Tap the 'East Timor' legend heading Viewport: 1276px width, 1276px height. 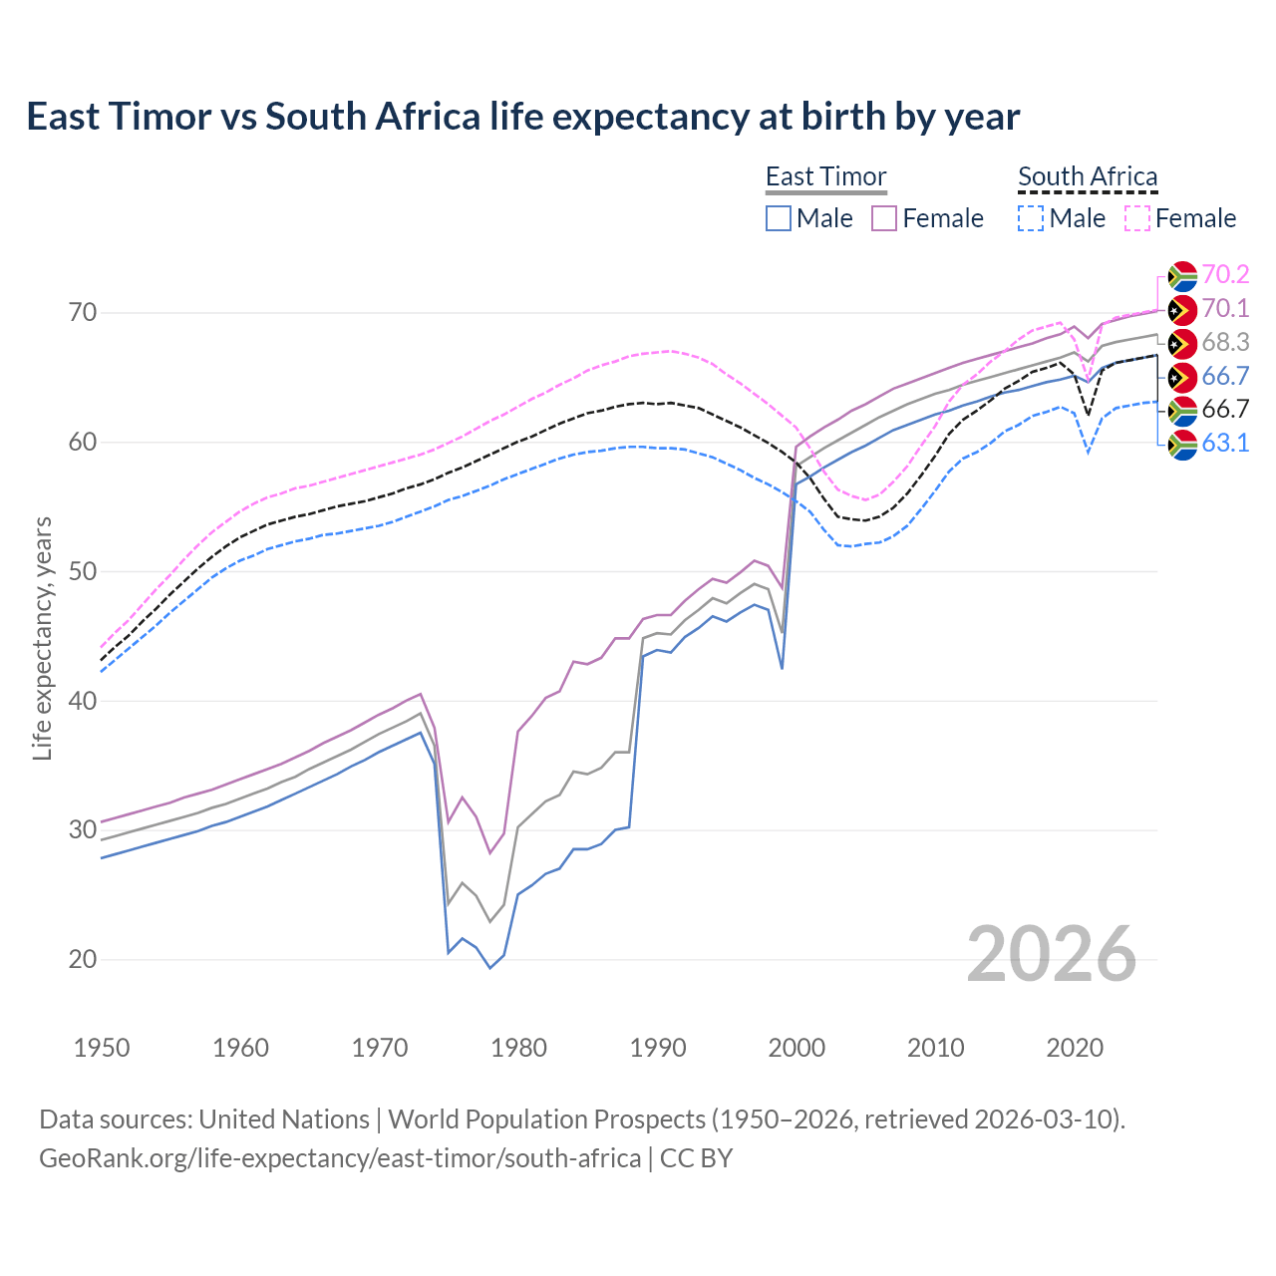825,177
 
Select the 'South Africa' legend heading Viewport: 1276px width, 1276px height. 1088,177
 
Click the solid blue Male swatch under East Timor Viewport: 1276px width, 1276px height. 779,218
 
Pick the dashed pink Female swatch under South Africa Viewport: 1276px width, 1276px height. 1137,218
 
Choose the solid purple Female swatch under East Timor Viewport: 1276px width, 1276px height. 884,218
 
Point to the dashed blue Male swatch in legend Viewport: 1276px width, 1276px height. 1031,218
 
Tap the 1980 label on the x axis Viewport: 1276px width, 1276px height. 518,1048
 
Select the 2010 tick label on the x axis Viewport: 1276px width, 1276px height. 935,1048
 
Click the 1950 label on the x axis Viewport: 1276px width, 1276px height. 102,1048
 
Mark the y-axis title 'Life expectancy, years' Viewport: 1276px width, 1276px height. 43,638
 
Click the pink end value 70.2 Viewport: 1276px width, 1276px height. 1225,275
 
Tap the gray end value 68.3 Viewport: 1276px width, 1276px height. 1225,343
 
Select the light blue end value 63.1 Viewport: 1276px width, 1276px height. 1225,444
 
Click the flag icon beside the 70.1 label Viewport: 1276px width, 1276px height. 1181,309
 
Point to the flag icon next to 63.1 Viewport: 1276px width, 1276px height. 1181,445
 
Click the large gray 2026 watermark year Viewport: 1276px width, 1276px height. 1052,954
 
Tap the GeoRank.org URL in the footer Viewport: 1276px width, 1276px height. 340,1158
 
